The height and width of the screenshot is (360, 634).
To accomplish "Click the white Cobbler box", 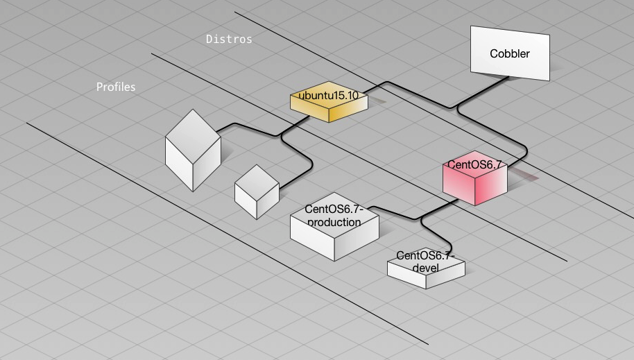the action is click(x=510, y=53).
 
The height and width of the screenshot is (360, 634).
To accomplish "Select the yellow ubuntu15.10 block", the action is click(x=329, y=101).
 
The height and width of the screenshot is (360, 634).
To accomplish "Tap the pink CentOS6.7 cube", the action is click(x=474, y=178).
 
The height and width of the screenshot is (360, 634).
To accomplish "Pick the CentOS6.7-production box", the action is click(x=334, y=227).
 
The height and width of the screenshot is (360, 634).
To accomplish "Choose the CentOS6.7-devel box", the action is click(x=426, y=268).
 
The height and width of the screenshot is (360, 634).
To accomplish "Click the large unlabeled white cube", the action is click(x=193, y=150).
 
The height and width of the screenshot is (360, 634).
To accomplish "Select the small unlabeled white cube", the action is click(x=257, y=191).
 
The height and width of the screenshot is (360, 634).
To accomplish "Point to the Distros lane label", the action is click(x=229, y=39).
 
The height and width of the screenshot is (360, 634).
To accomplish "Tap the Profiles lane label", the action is click(x=116, y=87).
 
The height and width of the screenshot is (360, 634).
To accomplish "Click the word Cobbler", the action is click(x=509, y=53).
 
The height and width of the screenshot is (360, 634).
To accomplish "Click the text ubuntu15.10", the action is click(x=328, y=96).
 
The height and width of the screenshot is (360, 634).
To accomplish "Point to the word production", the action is click(x=334, y=222).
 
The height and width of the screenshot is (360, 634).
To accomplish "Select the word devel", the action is click(x=426, y=268).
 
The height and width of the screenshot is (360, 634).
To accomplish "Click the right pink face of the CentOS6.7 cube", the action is click(x=491, y=187).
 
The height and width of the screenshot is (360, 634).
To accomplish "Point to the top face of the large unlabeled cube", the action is click(x=193, y=137).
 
